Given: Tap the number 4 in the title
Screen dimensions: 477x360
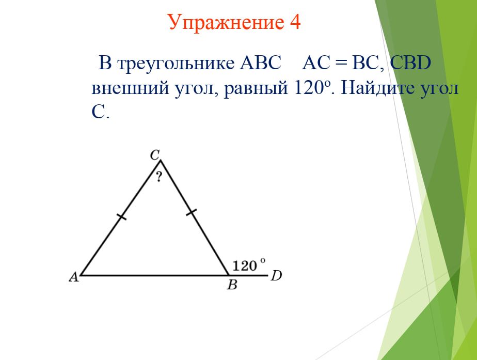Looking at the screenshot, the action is point(295,22).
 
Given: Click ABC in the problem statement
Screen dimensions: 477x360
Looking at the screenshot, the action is point(260,63).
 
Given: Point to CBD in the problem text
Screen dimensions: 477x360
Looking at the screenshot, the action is point(410,63).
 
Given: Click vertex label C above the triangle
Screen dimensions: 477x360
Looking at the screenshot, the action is point(155,155).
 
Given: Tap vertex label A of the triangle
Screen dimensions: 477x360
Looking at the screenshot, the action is point(74,277).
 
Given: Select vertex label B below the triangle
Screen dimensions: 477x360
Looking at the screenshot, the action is point(232,285).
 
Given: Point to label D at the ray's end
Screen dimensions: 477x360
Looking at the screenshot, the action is point(276,276).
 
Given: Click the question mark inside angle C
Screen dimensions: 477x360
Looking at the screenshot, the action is point(159,177).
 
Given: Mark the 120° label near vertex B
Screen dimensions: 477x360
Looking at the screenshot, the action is point(249,265).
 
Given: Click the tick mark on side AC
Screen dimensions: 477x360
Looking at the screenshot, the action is point(122,217).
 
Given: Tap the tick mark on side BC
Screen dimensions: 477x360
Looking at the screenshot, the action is point(192,212).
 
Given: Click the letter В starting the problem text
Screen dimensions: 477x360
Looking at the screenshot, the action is point(105,64).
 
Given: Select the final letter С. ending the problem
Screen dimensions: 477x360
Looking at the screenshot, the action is point(100,112).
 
